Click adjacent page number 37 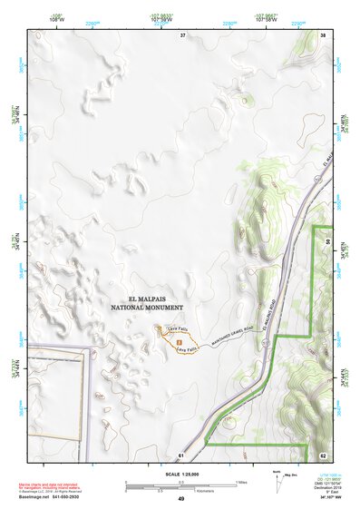[182, 34]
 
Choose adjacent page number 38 [323, 34]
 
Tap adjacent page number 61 [182, 454]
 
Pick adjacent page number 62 [323, 454]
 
